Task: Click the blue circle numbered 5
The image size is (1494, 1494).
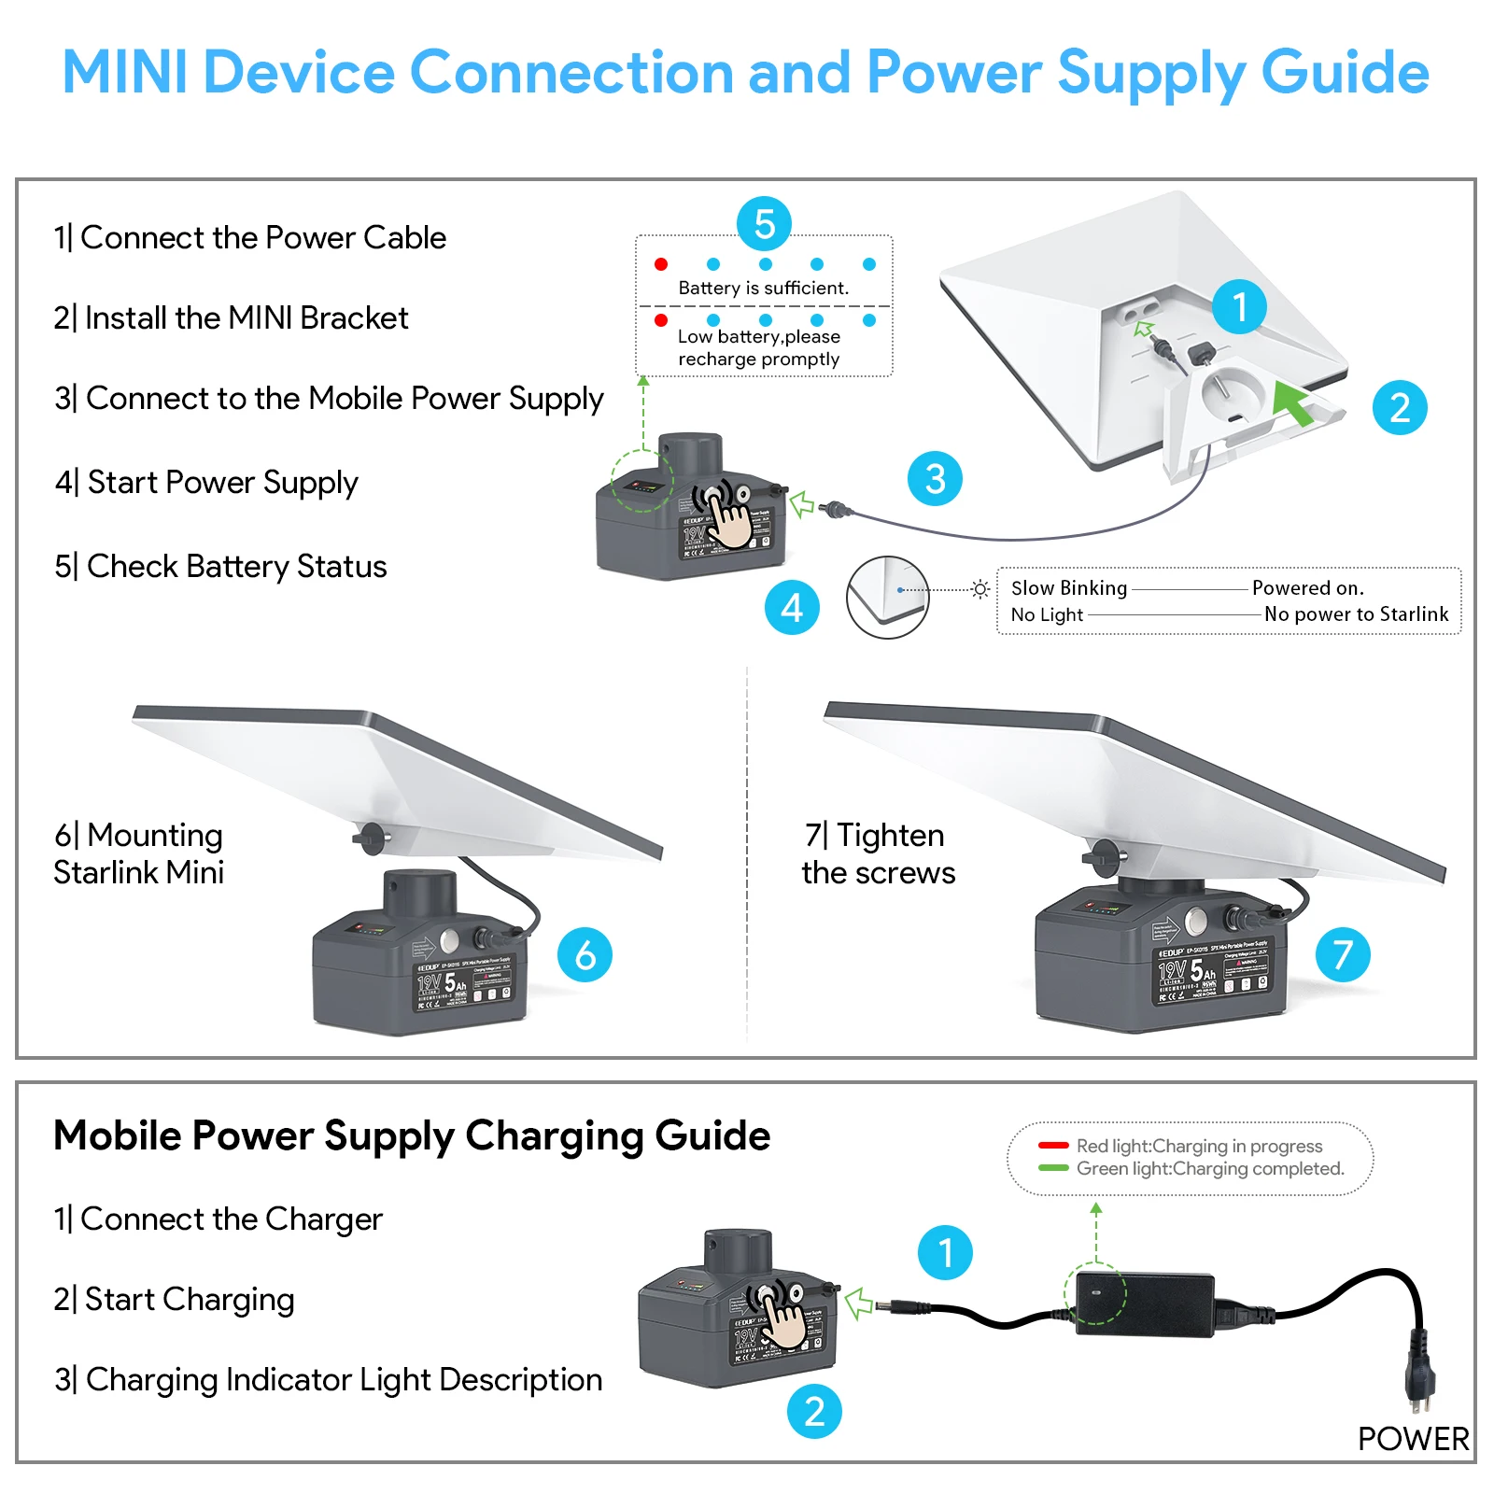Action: [x=764, y=224]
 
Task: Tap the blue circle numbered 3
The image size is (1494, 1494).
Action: [x=935, y=479]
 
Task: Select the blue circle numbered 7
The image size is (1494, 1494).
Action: [x=1343, y=954]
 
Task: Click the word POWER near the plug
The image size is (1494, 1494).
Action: [x=1413, y=1439]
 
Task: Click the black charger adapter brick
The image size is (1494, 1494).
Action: [x=1145, y=1303]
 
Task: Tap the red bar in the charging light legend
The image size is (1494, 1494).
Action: [x=1053, y=1146]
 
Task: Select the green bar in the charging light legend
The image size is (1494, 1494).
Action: [x=1053, y=1168]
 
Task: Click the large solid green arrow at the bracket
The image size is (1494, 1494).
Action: [x=1293, y=402]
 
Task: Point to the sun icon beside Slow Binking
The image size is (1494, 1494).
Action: [x=980, y=589]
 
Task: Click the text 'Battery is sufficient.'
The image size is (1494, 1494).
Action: [x=763, y=289]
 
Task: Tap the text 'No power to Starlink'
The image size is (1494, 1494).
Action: [x=1356, y=614]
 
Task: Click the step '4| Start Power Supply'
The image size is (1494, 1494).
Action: [x=206, y=483]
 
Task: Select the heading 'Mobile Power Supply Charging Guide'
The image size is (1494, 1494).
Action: [x=412, y=1136]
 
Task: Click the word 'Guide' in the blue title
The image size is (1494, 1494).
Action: [x=1345, y=73]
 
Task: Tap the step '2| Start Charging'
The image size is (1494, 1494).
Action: [x=175, y=1300]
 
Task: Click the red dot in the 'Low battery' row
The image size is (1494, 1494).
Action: [x=661, y=320]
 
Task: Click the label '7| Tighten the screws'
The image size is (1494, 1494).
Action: [x=878, y=853]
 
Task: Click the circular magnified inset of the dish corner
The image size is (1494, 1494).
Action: [x=887, y=598]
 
